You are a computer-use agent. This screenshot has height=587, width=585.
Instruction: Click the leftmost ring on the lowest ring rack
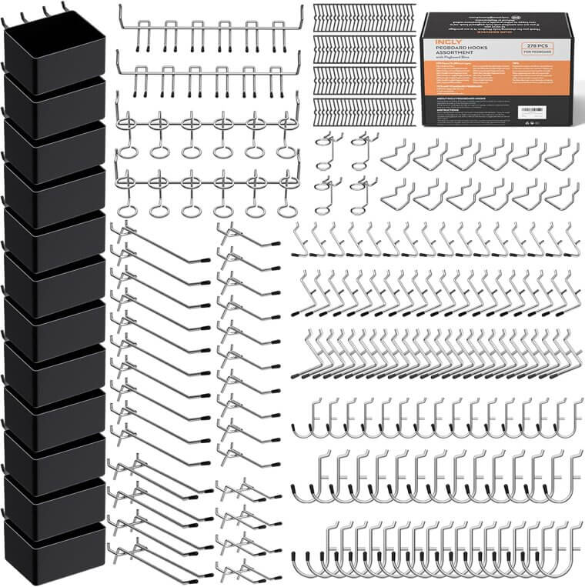[129, 209]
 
